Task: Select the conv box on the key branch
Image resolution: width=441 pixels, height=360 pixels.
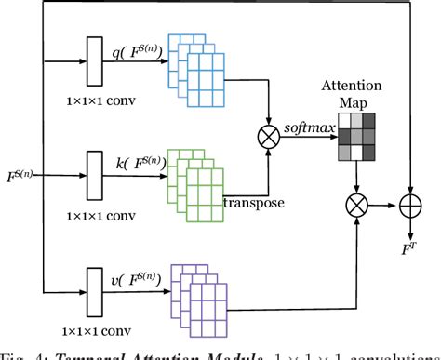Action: (94, 173)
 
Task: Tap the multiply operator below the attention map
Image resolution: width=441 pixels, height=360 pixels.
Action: (355, 201)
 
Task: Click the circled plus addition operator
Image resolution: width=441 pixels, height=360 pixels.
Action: (412, 201)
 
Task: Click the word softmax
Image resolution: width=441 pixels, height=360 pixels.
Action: (310, 128)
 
